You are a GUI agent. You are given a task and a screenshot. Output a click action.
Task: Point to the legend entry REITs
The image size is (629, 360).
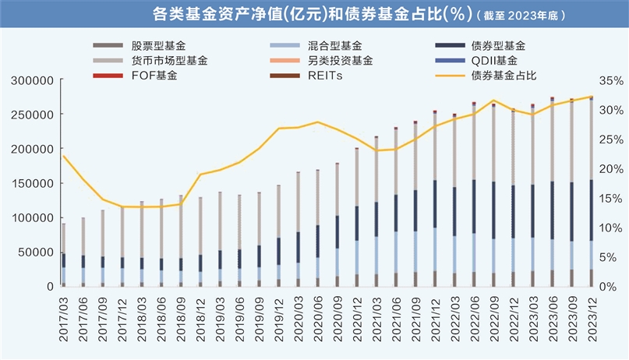pyautogui.click(x=324, y=76)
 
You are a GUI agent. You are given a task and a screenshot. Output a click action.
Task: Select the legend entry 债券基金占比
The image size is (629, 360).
pyautogui.click(x=504, y=76)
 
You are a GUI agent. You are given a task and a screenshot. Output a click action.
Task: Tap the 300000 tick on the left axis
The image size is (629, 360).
pyautogui.click(x=31, y=80)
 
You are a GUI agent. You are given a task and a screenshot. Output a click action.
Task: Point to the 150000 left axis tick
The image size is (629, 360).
pyautogui.click(x=31, y=183)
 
